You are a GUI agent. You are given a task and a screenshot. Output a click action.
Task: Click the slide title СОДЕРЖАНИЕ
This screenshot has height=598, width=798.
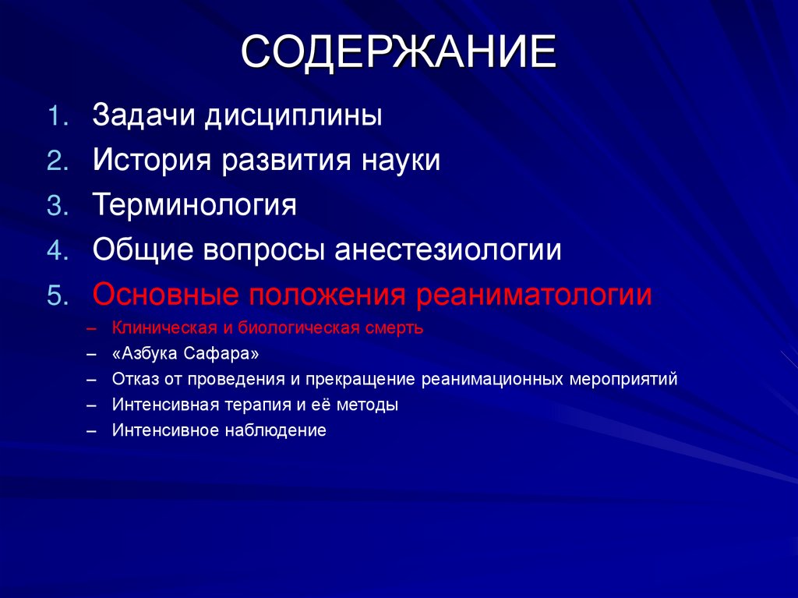398,54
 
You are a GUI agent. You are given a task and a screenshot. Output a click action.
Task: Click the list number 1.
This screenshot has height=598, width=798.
59,116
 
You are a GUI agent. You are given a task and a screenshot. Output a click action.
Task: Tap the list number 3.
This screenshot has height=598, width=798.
59,206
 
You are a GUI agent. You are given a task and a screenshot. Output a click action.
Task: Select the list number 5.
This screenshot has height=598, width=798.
59,296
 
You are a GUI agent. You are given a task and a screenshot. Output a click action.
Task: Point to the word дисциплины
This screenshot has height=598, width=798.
294,116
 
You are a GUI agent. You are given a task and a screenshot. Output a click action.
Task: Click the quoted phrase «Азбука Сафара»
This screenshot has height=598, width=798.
185,354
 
